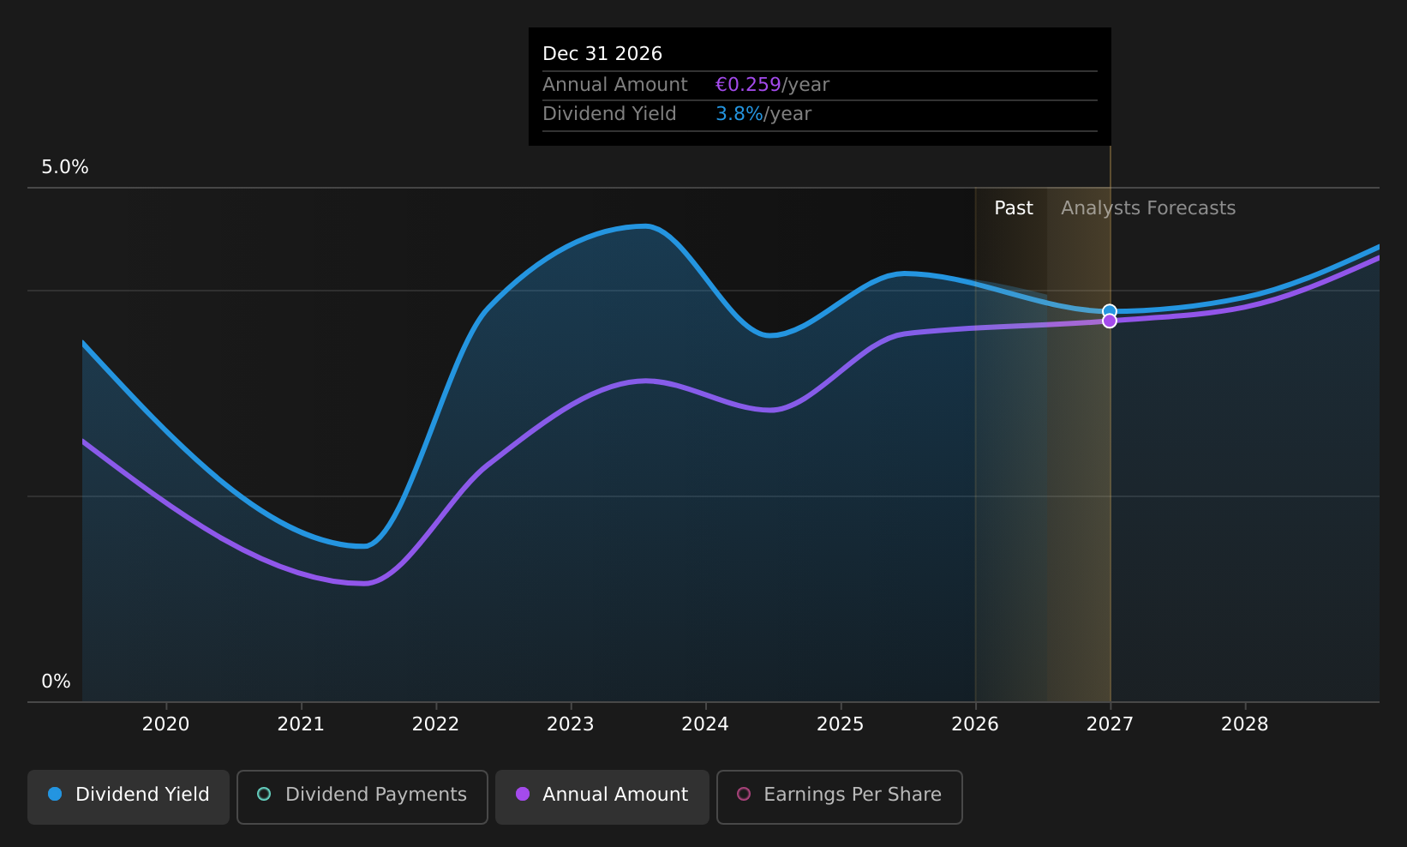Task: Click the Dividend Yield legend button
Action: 129,796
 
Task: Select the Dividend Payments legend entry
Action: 362,796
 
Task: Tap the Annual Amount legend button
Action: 602,796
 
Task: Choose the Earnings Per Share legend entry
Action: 839,796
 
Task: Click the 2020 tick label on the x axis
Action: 166,724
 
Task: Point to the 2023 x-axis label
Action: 571,724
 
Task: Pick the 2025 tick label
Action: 841,724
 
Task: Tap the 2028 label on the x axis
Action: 1245,724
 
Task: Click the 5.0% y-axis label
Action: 65,167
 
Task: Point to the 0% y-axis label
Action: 56,682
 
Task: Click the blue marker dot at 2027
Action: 1110,311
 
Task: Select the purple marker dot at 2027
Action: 1110,321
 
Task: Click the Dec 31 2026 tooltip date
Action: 602,54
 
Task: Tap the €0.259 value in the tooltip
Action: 748,84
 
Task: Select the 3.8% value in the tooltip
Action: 739,114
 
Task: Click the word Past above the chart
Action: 1013,208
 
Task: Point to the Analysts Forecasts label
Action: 1148,208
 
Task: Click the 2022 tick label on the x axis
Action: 436,724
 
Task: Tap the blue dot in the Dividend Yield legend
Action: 56,794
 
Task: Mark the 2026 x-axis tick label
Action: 975,724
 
